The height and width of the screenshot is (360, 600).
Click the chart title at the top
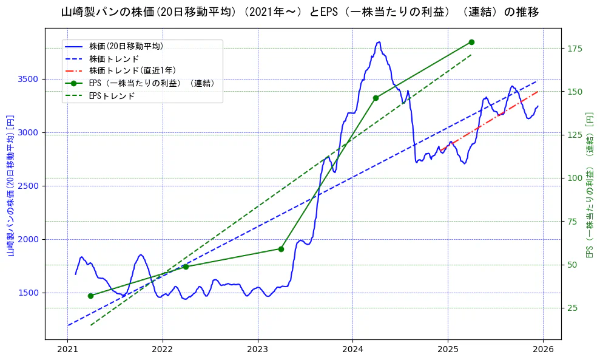tap(300, 12)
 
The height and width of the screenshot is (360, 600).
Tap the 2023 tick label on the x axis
tap(257, 350)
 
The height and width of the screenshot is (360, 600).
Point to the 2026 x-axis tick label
tap(543, 350)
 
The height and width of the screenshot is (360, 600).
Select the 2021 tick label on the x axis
tap(67, 350)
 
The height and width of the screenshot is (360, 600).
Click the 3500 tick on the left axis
tap(29, 79)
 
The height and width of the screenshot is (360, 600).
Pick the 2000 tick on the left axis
tap(29, 239)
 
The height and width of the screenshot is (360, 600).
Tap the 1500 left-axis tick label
tap(29, 293)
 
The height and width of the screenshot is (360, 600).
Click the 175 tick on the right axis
tap(575, 49)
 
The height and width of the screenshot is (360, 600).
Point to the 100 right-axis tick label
tap(575, 178)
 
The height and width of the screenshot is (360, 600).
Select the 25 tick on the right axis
tap(572, 308)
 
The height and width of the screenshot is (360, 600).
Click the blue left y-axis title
tap(10, 185)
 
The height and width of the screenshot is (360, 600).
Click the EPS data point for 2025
tap(471, 42)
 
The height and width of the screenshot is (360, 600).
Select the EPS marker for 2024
tap(376, 98)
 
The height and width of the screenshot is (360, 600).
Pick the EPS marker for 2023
tap(281, 248)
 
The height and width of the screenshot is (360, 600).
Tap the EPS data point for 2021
tap(90, 296)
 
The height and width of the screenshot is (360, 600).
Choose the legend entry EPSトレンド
tap(112, 96)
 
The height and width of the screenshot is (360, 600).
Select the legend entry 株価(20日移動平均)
tap(126, 46)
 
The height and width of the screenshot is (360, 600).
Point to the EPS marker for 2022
tap(186, 267)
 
